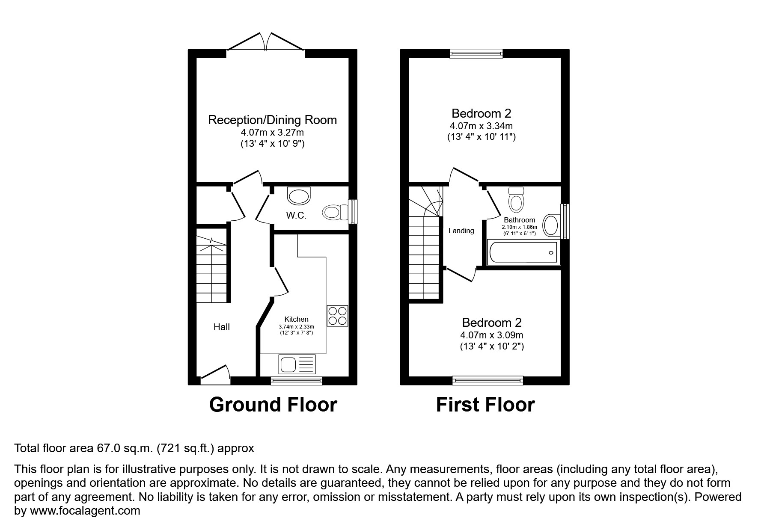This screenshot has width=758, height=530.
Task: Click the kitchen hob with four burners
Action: pyautogui.click(x=338, y=316)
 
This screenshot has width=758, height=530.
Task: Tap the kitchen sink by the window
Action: pyautogui.click(x=297, y=364)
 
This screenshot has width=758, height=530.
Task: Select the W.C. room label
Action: pyautogui.click(x=296, y=215)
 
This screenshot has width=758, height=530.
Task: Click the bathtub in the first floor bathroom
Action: pyautogui.click(x=523, y=252)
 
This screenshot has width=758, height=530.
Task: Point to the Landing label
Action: pyautogui.click(x=461, y=231)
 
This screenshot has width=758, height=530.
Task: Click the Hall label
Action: pyautogui.click(x=222, y=327)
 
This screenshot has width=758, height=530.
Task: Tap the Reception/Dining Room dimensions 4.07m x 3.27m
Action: pyautogui.click(x=272, y=132)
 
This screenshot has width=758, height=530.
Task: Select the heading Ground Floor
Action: pyautogui.click(x=273, y=405)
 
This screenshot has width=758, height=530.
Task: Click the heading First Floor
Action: pyautogui.click(x=485, y=405)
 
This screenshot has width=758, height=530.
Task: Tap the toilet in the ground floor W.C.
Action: pyautogui.click(x=335, y=212)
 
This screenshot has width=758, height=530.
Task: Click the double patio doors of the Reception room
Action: pyautogui.click(x=266, y=43)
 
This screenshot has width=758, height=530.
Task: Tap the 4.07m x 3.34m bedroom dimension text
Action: pyautogui.click(x=481, y=126)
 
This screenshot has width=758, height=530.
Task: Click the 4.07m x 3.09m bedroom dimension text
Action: pyautogui.click(x=492, y=335)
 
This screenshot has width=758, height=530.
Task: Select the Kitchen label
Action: pyautogui.click(x=296, y=319)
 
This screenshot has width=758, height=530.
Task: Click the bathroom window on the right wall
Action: pyautogui.click(x=565, y=221)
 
